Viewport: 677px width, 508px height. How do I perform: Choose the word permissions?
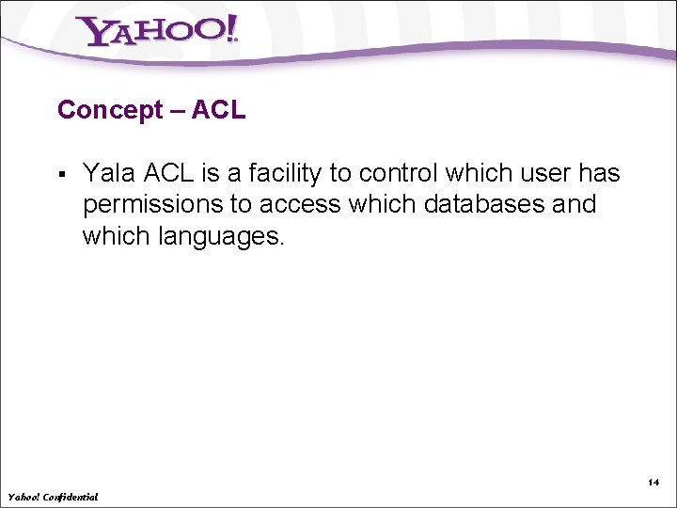[150, 205]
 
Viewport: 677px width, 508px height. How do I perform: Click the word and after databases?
[575, 205]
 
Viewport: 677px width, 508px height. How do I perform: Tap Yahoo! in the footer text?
[24, 496]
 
